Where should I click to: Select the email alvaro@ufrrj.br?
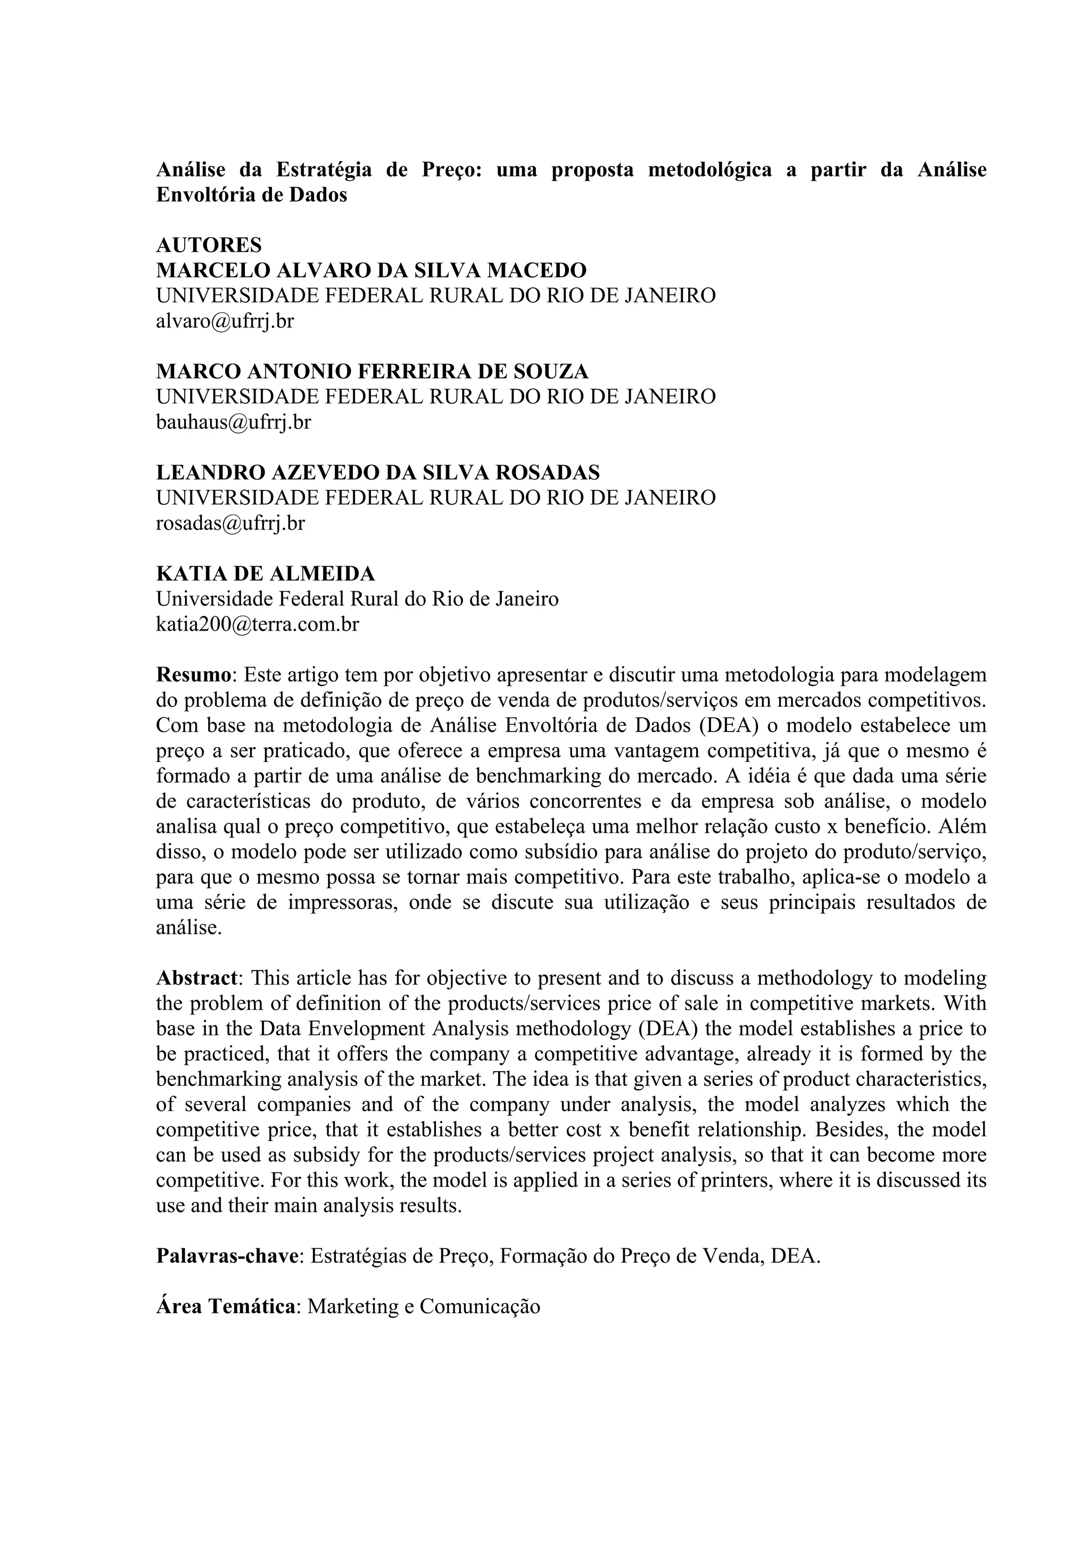[225, 321]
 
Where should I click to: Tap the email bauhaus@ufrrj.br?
[233, 422]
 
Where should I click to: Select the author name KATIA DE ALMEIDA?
[265, 574]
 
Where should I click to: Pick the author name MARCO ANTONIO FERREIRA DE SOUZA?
[372, 371]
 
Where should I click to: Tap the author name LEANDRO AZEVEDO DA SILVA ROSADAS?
[378, 473]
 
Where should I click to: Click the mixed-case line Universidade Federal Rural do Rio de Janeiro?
[357, 599]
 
